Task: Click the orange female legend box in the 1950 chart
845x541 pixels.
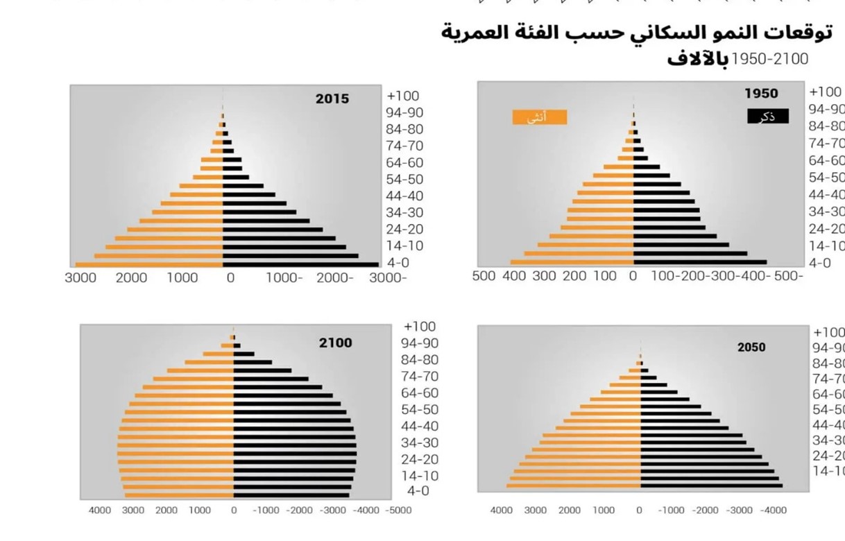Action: pos(540,117)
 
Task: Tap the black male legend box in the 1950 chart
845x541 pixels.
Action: pos(767,117)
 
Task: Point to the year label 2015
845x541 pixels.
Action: pos(332,99)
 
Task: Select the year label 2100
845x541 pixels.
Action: pos(335,343)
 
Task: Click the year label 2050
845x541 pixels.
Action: pos(751,347)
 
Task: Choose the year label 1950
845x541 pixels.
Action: pos(761,94)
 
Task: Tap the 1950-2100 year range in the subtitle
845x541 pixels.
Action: pos(770,60)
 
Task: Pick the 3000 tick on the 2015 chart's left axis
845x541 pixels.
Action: pos(80,278)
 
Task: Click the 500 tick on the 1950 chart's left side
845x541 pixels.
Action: pos(484,276)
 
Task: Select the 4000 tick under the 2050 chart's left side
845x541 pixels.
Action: pos(502,510)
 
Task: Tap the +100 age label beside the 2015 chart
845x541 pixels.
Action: pos(403,96)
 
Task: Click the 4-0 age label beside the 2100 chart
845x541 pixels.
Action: pos(418,491)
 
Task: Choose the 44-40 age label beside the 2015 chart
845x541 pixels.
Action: pos(404,196)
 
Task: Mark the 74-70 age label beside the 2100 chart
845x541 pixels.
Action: pos(420,377)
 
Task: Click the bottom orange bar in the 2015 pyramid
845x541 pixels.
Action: pos(148,264)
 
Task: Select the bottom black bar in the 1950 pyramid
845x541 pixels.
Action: pos(699,262)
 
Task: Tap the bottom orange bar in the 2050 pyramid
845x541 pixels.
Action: pos(573,486)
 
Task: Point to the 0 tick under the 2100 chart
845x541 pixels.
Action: pos(234,510)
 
